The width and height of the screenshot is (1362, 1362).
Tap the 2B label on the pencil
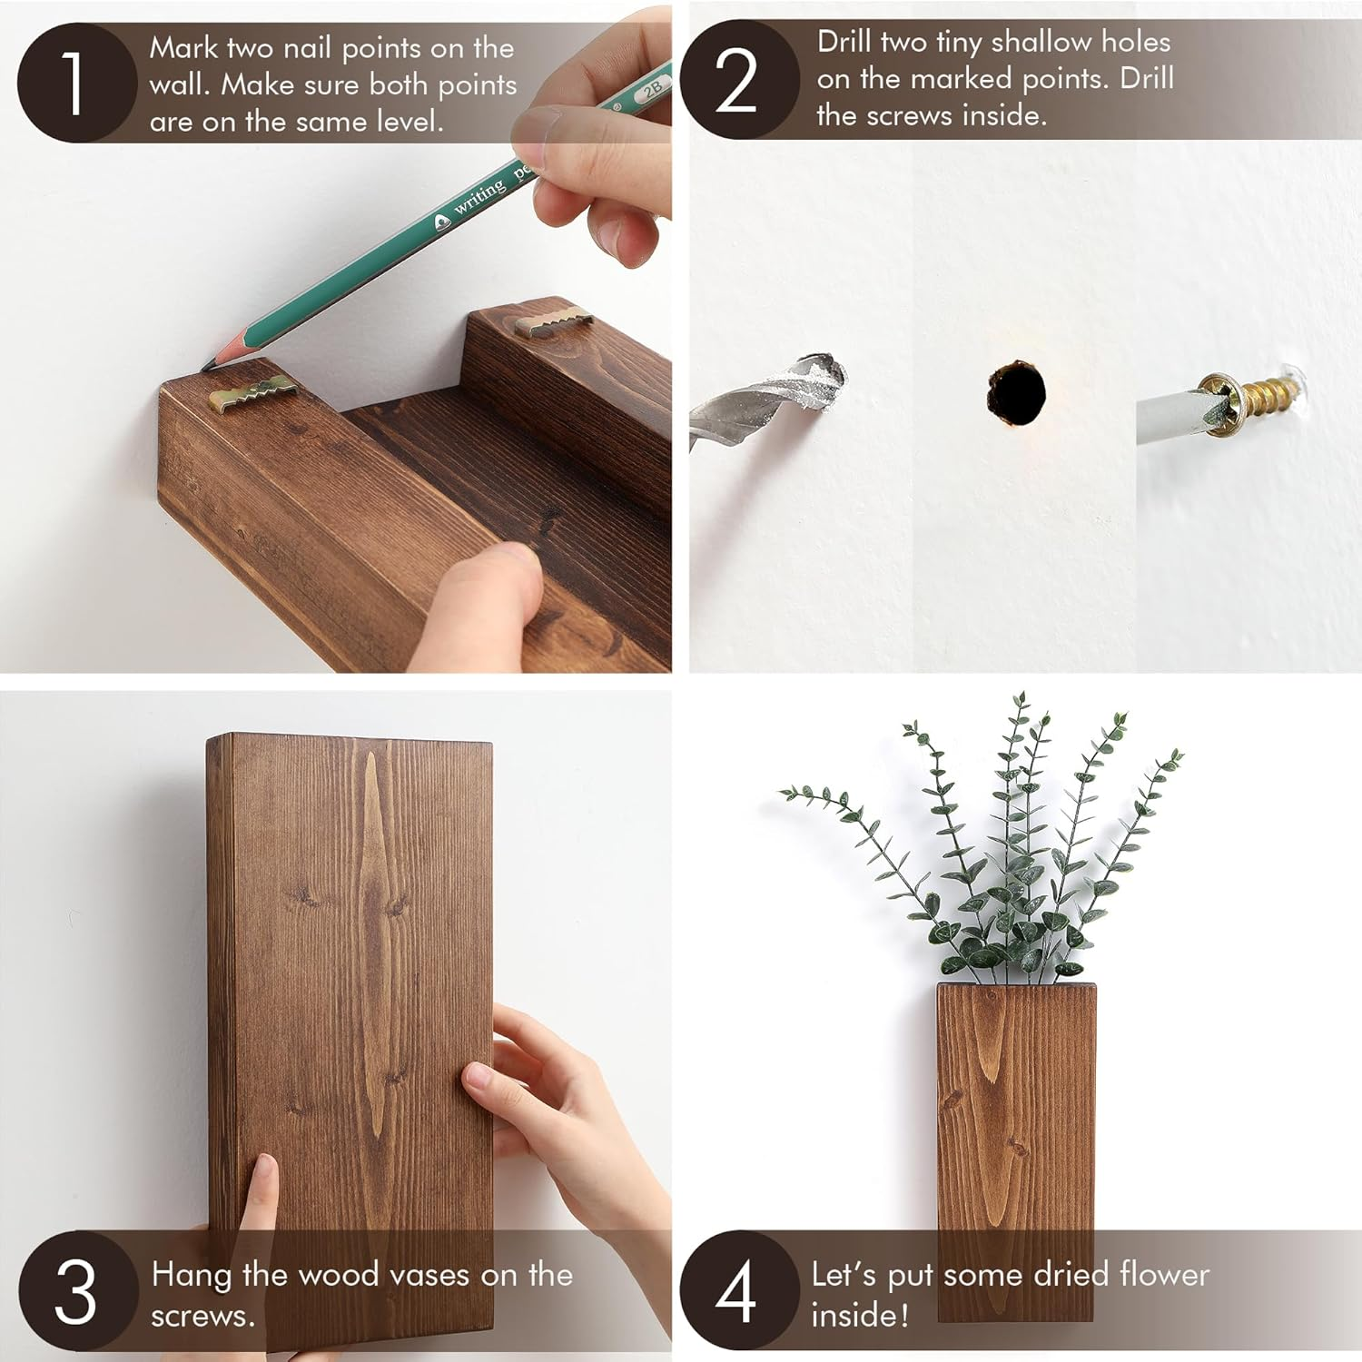click(x=651, y=89)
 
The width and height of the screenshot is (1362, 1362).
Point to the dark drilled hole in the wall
click(x=1016, y=392)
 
